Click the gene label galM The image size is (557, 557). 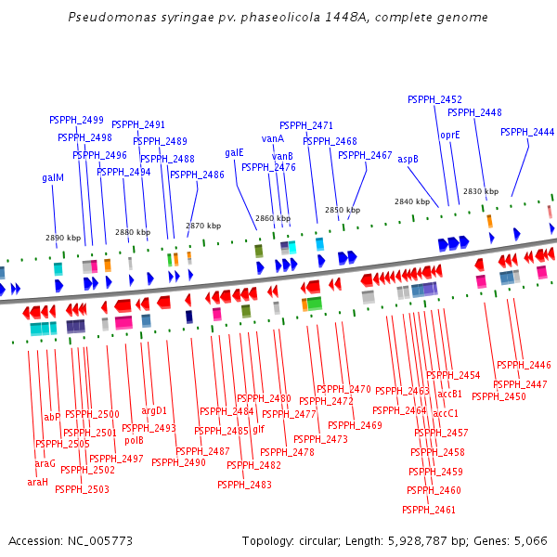pos(53,177)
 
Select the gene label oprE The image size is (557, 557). pos(450,135)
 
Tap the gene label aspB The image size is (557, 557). pos(408,159)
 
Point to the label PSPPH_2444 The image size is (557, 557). pos(527,132)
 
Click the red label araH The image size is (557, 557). pos(37,482)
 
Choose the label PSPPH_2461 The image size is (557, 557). pos(429,510)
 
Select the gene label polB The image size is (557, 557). pos(134,441)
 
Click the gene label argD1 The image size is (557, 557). pos(154,410)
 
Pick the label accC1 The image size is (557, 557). pos(446,413)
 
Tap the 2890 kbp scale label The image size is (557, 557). pos(63,238)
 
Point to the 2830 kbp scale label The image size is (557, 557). pos(481,191)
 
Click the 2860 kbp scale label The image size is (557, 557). pos(273,218)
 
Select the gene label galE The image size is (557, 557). pos(234,152)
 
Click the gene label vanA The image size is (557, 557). pos(273,138)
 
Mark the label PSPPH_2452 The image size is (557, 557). pos(434,99)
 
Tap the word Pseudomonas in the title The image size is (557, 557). pos(107,18)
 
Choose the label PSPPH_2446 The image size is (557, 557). pos(524,365)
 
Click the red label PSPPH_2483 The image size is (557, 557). pos(244,485)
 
